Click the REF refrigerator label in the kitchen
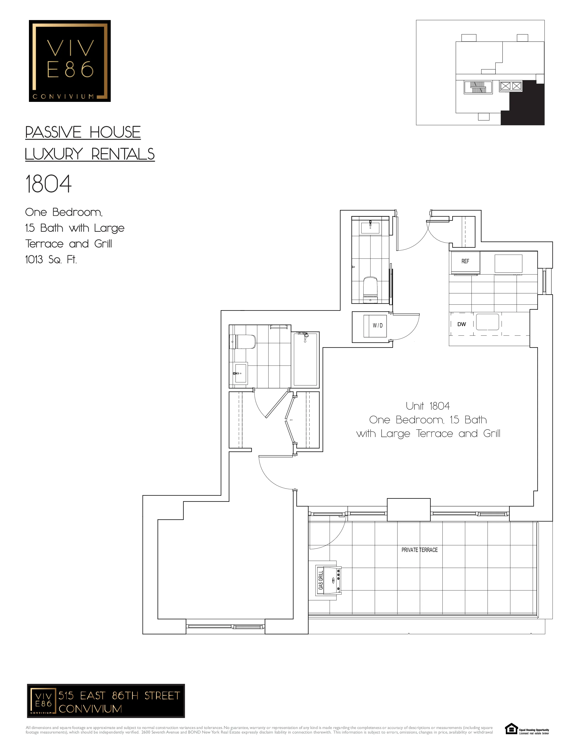point(465,261)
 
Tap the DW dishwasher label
point(462,324)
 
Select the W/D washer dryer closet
point(377,325)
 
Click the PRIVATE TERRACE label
point(419,550)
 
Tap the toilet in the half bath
point(370,290)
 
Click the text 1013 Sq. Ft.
point(51,260)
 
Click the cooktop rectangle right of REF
point(508,263)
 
